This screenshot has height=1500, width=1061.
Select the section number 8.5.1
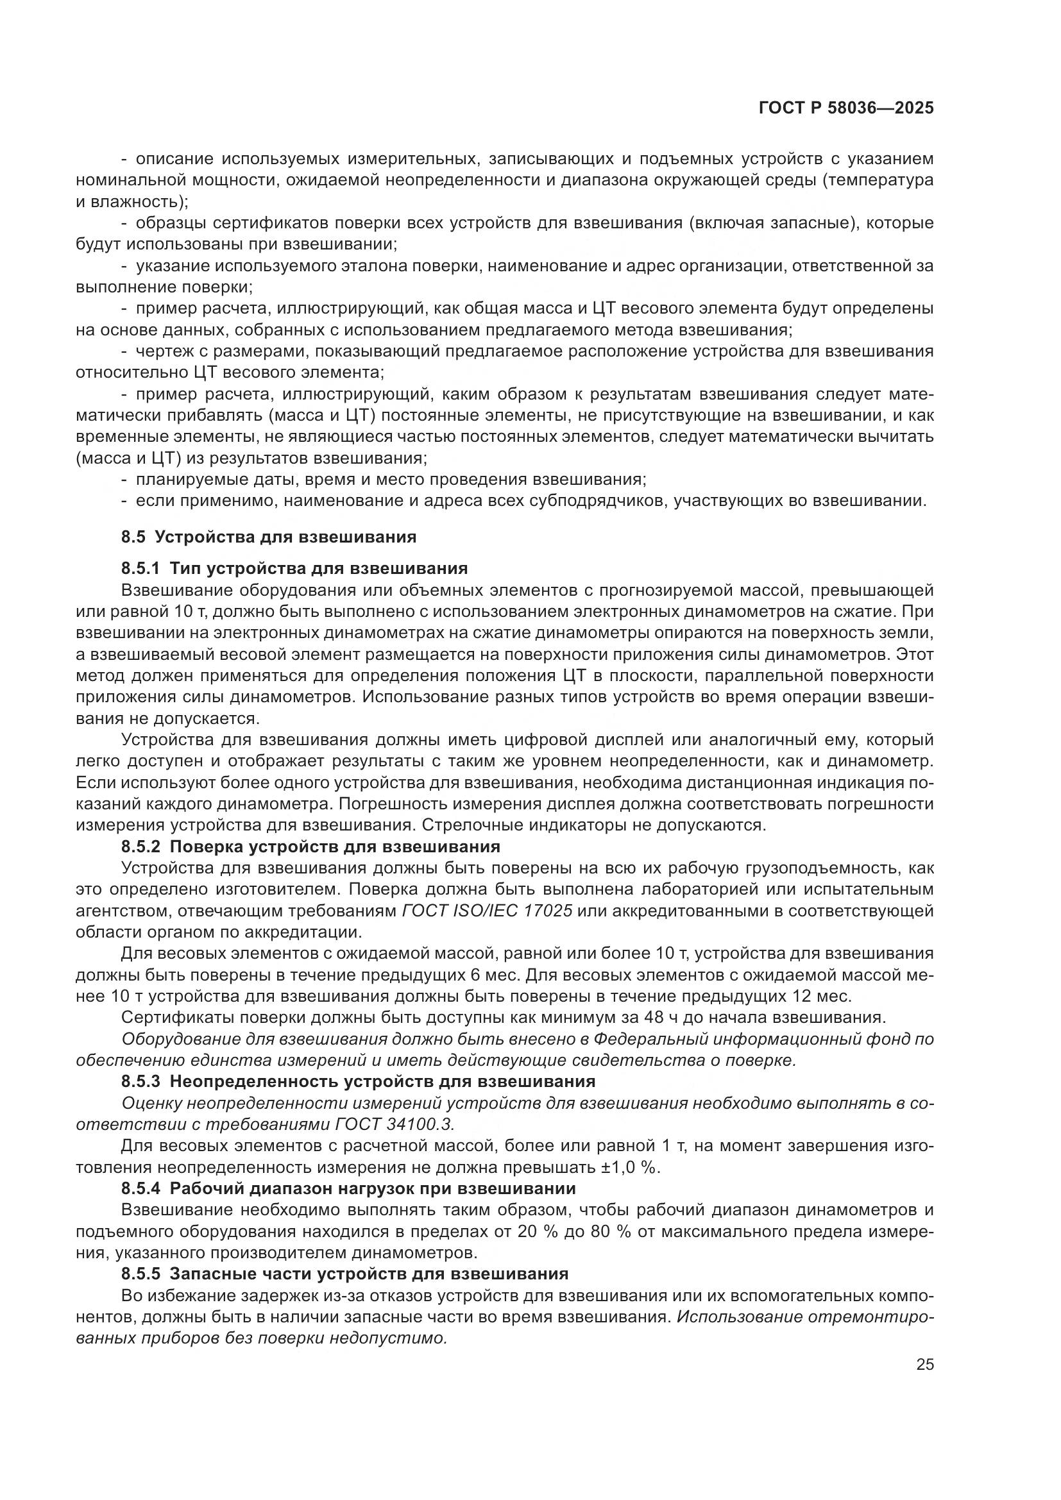[x=140, y=568]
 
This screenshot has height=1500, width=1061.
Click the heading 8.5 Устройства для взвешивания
[x=269, y=537]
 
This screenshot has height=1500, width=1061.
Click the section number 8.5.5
[x=140, y=1274]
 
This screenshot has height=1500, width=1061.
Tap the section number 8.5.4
[x=140, y=1188]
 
